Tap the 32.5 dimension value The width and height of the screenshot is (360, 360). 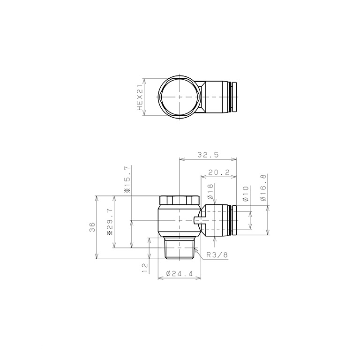[x=208, y=155]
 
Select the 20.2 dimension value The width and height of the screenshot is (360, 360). [x=218, y=172]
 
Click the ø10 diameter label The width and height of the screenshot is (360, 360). [x=246, y=194]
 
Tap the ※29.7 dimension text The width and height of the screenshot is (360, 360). [x=110, y=222]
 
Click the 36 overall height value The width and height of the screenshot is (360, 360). [x=92, y=227]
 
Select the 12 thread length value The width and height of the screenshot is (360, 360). [x=145, y=268]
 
